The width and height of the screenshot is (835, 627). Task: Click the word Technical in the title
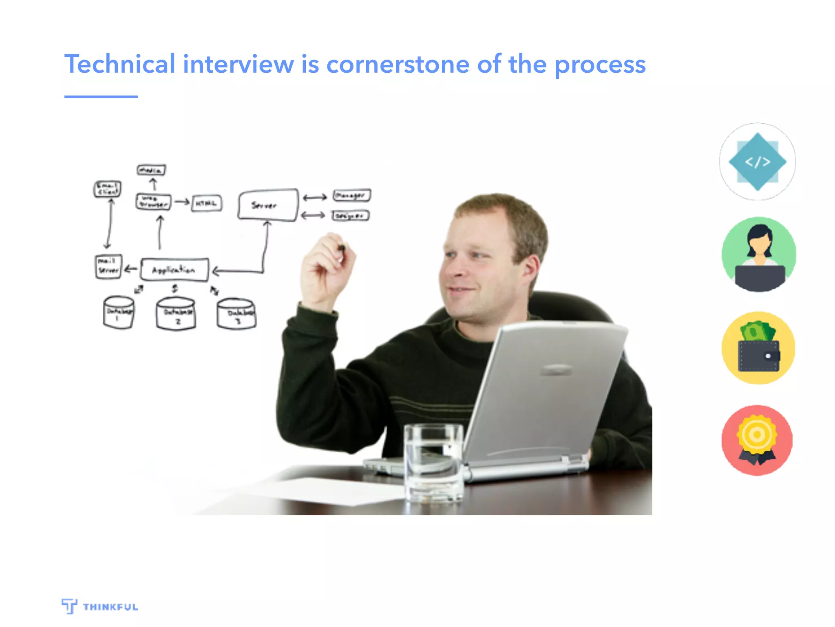coord(119,64)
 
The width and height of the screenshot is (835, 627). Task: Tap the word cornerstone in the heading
coord(398,64)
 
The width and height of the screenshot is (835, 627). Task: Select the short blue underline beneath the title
coord(101,97)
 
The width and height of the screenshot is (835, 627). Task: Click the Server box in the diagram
coord(267,205)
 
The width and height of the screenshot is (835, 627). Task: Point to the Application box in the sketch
coord(175,270)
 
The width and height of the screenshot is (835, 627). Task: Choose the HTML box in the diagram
coord(207,203)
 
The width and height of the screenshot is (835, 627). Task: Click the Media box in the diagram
coord(151,170)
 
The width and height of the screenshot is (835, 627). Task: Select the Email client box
coord(107,189)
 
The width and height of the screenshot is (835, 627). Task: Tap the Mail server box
coord(108,267)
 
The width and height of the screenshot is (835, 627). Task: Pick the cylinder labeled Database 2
coord(176,313)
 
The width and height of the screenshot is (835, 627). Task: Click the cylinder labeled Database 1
coord(118,313)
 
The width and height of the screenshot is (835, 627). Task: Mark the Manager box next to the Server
coord(351,196)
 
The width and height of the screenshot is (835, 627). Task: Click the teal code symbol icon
coord(757,162)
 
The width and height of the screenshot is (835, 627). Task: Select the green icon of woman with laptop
coord(758,254)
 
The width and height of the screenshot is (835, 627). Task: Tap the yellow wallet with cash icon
coord(758,348)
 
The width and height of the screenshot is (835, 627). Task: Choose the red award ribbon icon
coord(757,440)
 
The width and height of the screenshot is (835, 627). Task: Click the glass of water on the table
coord(433,463)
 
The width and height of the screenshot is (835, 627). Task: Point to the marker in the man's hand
coord(342,248)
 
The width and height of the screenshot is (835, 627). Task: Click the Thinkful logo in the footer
coord(100,606)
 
